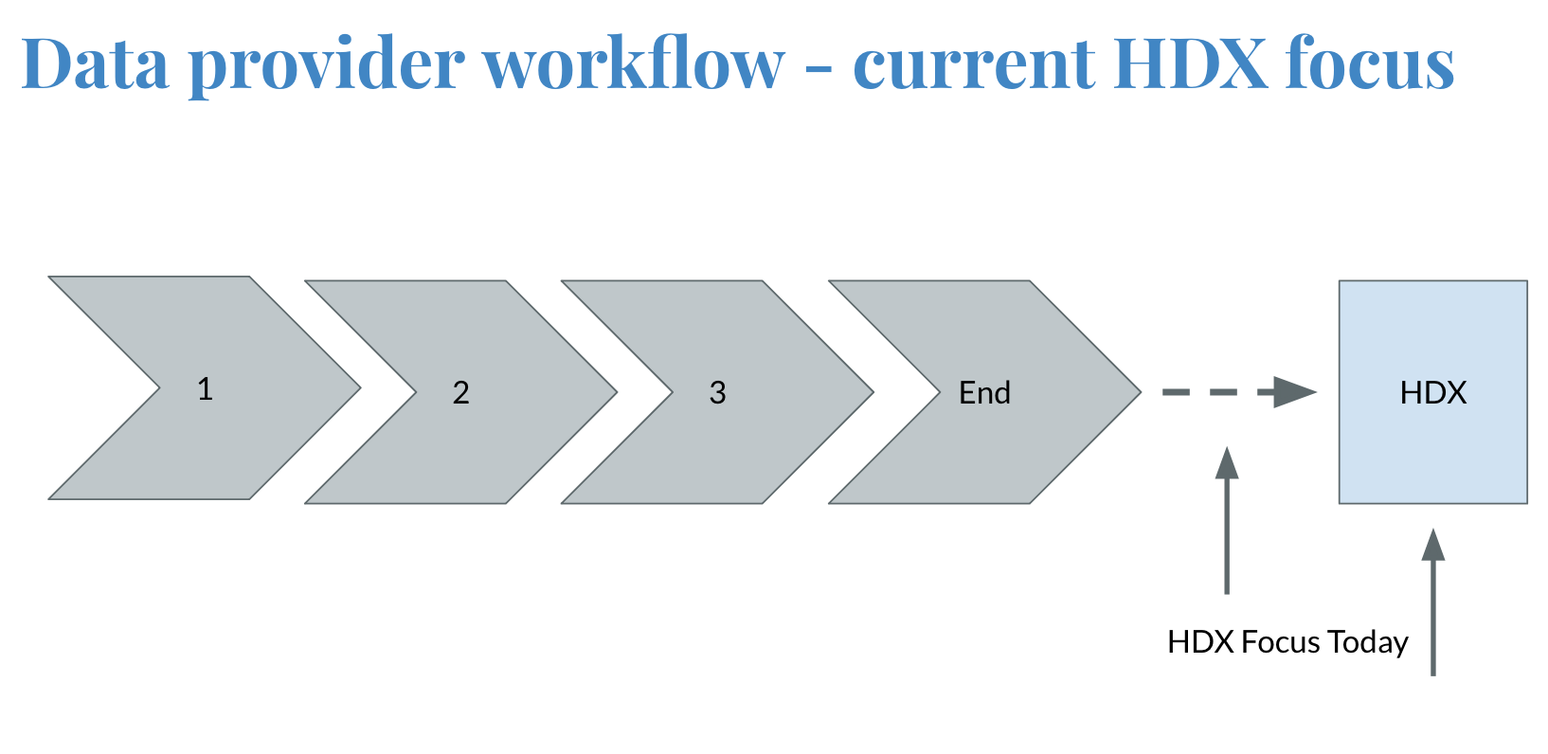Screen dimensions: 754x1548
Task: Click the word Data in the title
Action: pyautogui.click(x=95, y=63)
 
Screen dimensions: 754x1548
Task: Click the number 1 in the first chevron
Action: pyautogui.click(x=205, y=388)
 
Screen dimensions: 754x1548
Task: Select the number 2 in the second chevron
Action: pyautogui.click(x=461, y=392)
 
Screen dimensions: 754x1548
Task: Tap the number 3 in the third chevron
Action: pyautogui.click(x=718, y=392)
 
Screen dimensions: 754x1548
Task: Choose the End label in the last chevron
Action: pyautogui.click(x=984, y=392)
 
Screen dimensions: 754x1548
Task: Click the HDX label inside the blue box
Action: pyautogui.click(x=1432, y=392)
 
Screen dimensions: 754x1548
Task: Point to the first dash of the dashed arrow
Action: pyautogui.click(x=1176, y=391)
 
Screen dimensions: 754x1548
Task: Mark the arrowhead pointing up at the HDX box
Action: pyautogui.click(x=1433, y=545)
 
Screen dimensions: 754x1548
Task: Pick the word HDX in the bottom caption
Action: pyautogui.click(x=1200, y=642)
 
